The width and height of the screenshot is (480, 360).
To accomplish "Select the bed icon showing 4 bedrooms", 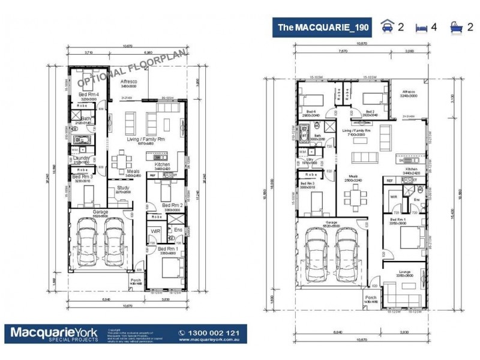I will pos(423,27).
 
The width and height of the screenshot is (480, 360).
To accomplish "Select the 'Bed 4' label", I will pos(310,112).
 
